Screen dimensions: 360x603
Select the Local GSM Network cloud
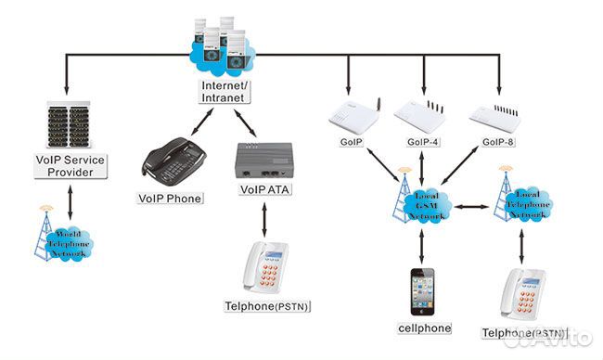[x=422, y=202]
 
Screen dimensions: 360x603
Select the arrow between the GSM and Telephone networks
[x=472, y=202]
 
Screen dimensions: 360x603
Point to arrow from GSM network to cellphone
[x=423, y=246]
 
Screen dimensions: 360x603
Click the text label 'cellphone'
[x=423, y=328]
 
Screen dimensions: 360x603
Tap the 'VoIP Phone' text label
[x=170, y=198]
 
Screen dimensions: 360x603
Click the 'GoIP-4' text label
[x=425, y=145]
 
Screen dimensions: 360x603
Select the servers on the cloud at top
[x=223, y=45]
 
